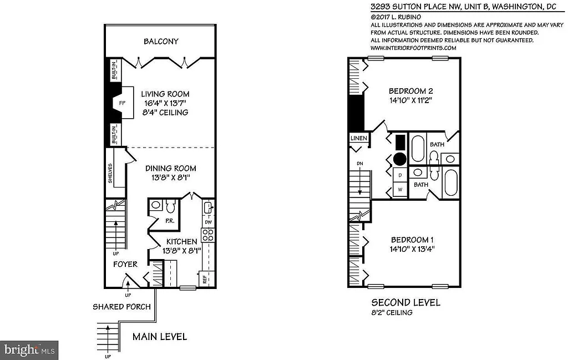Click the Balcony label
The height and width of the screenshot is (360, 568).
pyautogui.click(x=161, y=42)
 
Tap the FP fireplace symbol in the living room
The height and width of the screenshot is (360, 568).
pyautogui.click(x=123, y=103)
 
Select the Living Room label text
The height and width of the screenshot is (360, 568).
pyautogui.click(x=165, y=94)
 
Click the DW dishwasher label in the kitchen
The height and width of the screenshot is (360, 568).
pyautogui.click(x=209, y=222)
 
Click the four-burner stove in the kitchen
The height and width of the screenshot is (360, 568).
pyautogui.click(x=208, y=235)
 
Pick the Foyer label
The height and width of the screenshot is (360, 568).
pyautogui.click(x=125, y=264)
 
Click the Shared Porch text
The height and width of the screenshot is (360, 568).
pyautogui.click(x=121, y=307)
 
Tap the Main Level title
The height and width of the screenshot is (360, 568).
pyautogui.click(x=159, y=336)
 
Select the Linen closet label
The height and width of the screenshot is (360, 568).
pyautogui.click(x=357, y=138)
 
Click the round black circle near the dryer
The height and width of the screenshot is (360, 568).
pyautogui.click(x=399, y=159)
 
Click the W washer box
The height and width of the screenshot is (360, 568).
pyautogui.click(x=399, y=190)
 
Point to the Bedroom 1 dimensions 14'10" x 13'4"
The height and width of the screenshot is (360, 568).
pyautogui.click(x=412, y=249)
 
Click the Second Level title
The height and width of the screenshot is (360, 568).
pyautogui.click(x=405, y=302)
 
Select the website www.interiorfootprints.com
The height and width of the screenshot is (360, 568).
pyautogui.click(x=413, y=48)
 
